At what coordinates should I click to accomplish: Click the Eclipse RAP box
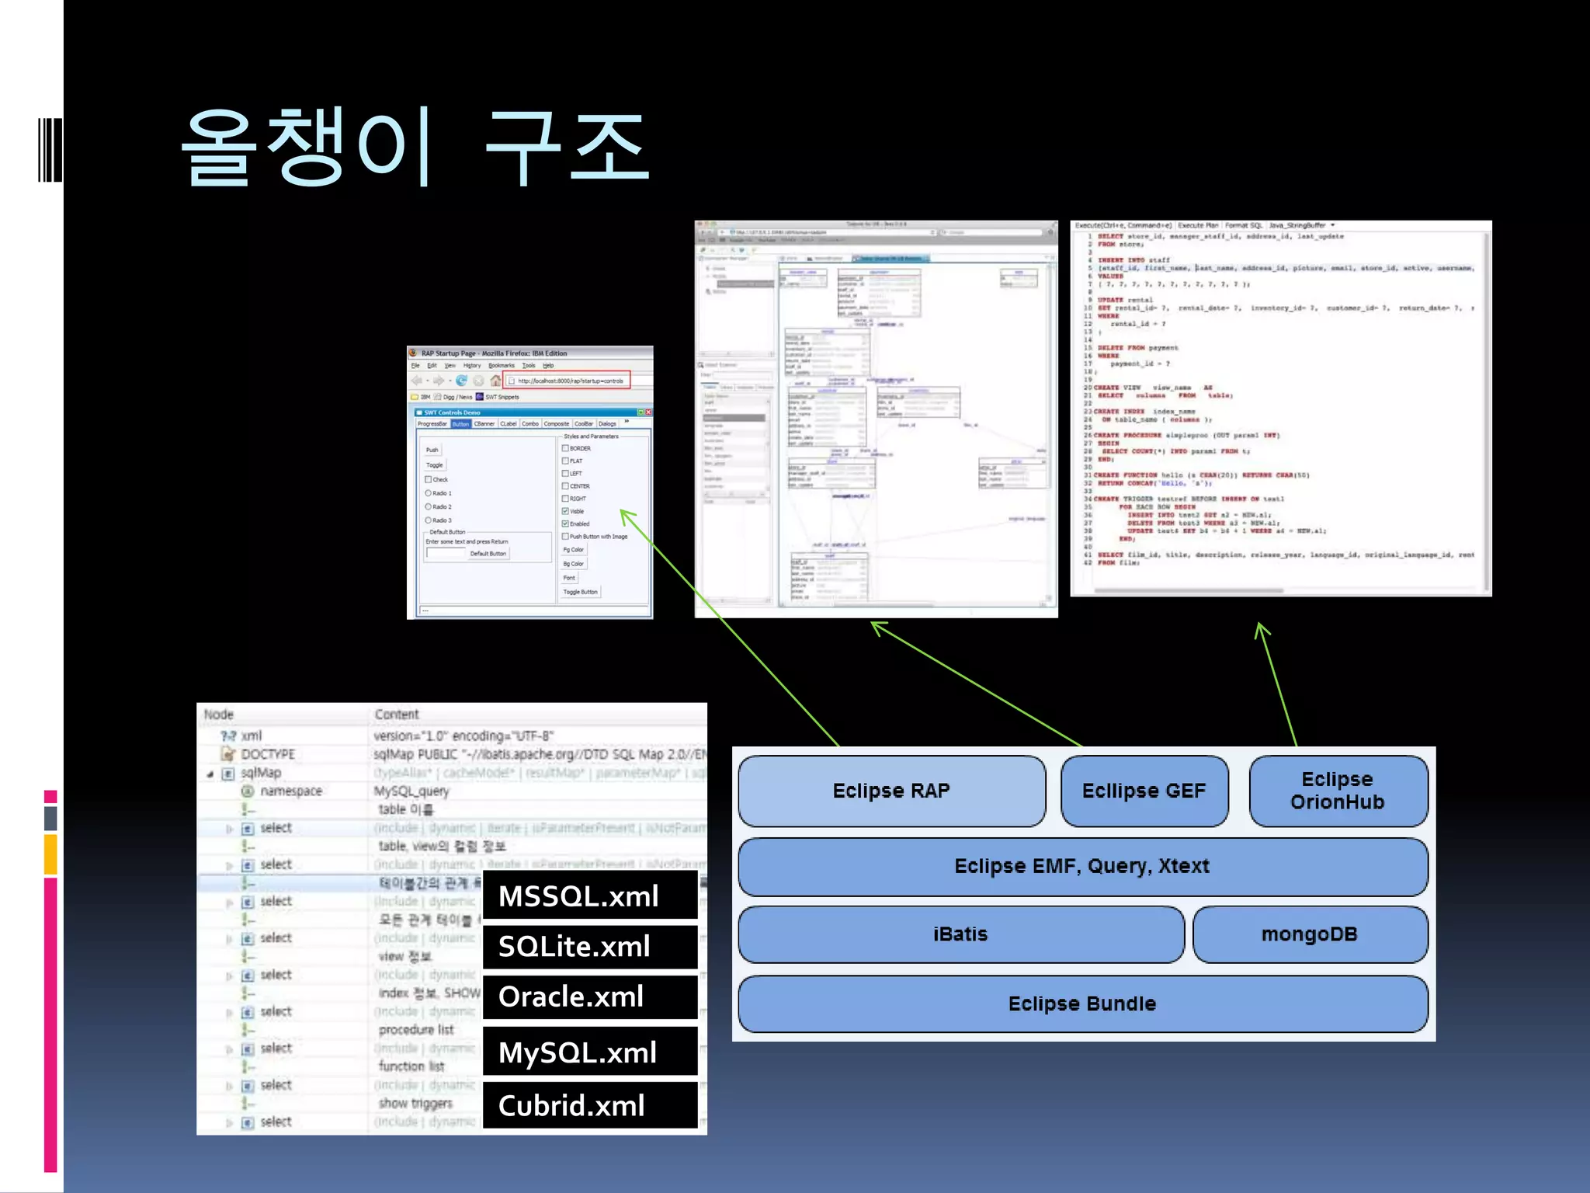(x=891, y=791)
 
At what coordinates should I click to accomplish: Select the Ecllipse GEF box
(x=1144, y=791)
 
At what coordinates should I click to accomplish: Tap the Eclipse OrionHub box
(x=1337, y=791)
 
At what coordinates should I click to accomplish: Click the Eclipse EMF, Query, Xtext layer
(x=1081, y=866)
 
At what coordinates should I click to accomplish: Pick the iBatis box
(x=960, y=934)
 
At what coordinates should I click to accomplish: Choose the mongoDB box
(x=1309, y=934)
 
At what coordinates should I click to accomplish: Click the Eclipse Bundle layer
(x=1081, y=1003)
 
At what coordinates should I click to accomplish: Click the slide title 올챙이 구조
(x=415, y=148)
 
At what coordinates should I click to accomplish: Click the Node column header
(x=219, y=715)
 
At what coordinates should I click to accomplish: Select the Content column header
(x=396, y=715)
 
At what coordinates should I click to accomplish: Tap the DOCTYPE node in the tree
(x=267, y=754)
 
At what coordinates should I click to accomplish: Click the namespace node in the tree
(x=290, y=791)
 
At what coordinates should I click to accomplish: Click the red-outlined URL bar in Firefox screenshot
(x=568, y=381)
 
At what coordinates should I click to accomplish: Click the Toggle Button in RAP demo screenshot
(x=580, y=592)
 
